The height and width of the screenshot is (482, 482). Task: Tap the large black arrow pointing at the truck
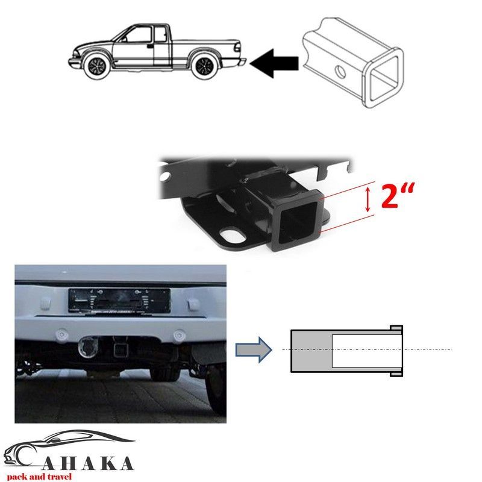274,63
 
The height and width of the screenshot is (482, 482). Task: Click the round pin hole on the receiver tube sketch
340,72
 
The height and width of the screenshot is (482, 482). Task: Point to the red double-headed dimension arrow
368,200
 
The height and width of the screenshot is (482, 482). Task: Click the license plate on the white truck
119,301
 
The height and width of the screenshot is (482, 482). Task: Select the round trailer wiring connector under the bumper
88,347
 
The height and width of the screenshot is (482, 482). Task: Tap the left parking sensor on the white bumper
62,334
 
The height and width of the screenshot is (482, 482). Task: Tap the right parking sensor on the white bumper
178,335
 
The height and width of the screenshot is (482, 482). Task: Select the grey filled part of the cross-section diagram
311,351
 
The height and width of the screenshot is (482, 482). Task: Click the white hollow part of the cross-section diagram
361,351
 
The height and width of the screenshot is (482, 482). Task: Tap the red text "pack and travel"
39,477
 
